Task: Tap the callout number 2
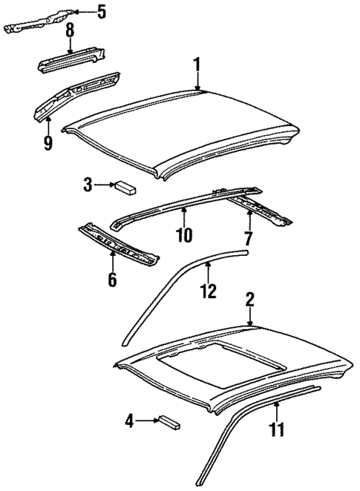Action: coord(250,300)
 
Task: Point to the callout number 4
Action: coord(130,421)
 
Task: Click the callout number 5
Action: coord(102,11)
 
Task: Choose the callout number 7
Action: coord(249,238)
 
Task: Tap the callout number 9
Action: coord(48,141)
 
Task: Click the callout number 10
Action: coord(183,235)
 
